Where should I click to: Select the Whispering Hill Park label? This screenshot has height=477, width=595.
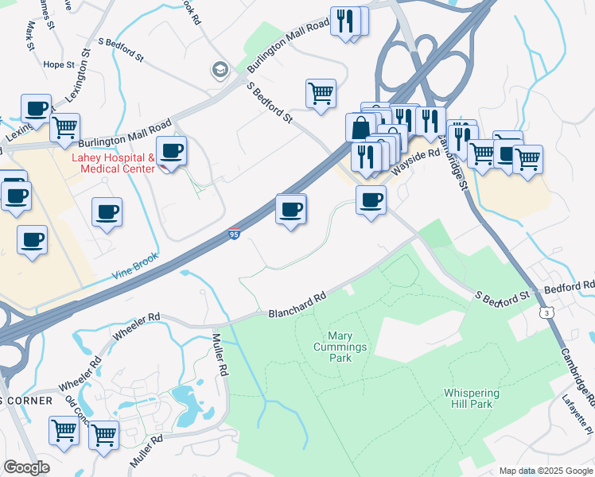(x=472, y=399)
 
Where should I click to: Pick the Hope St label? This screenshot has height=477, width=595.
(x=57, y=65)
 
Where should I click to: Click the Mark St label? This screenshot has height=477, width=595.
(x=32, y=32)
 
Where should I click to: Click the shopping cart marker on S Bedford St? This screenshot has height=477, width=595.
(x=321, y=92)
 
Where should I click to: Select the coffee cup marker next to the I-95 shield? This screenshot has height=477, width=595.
(x=290, y=210)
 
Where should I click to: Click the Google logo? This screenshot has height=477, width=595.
(x=26, y=467)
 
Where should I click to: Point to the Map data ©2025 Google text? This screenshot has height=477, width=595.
(x=545, y=471)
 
